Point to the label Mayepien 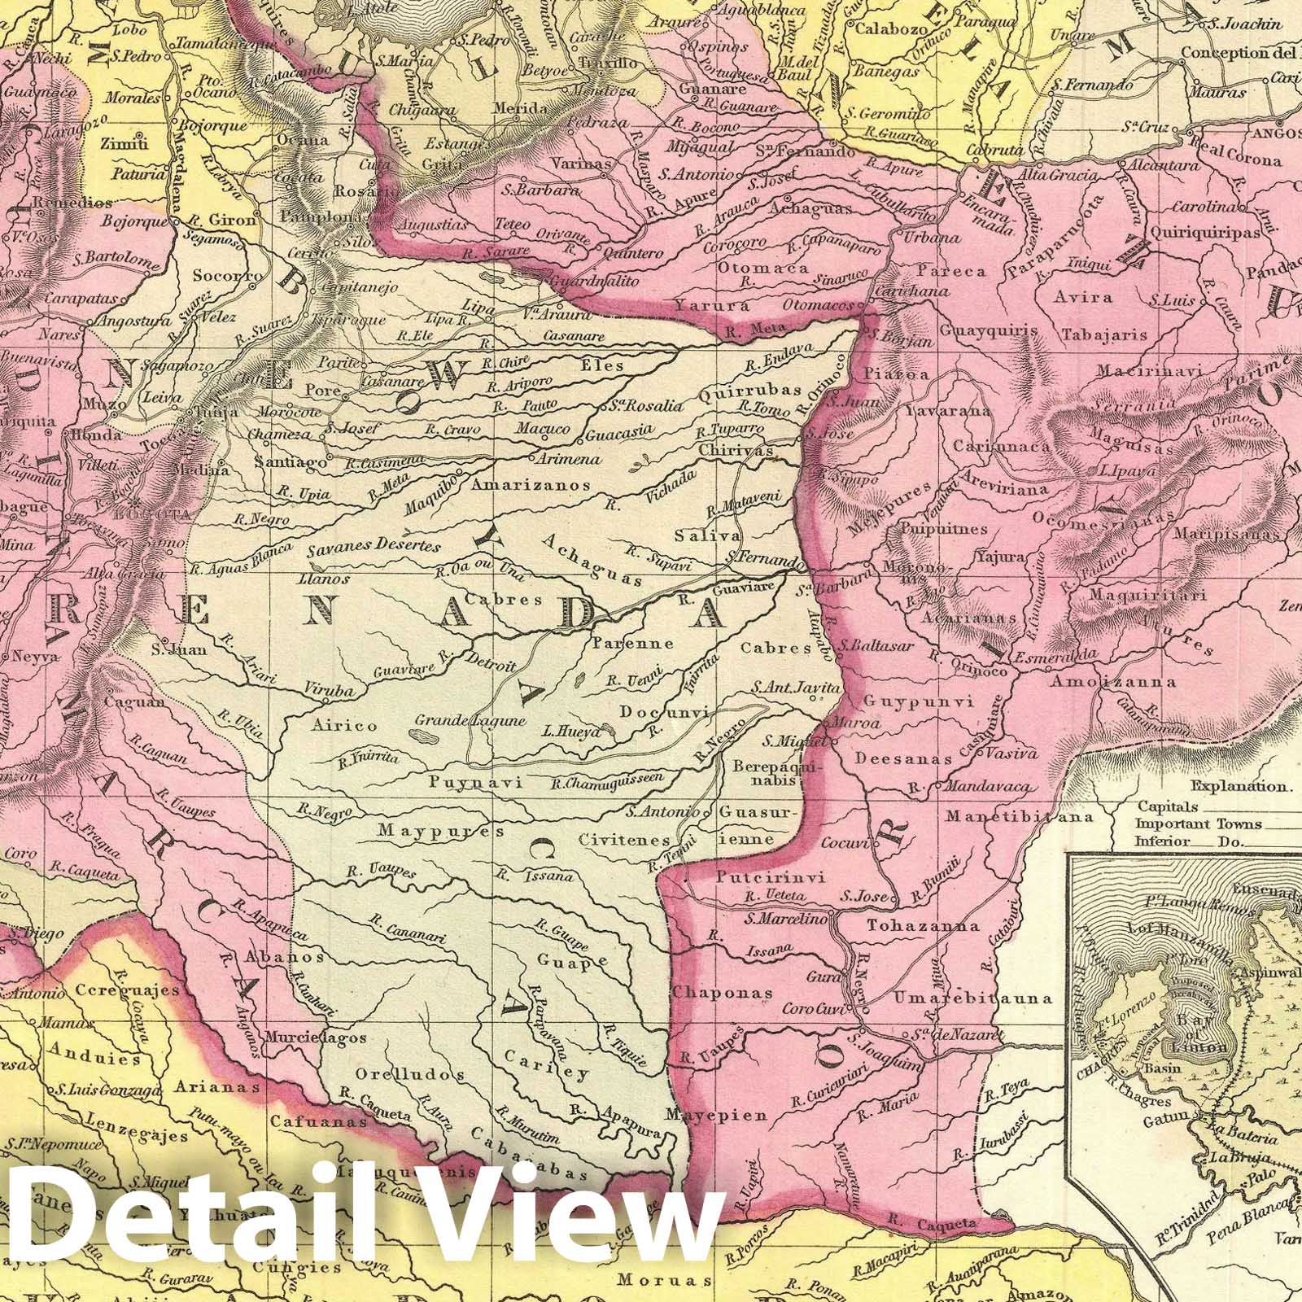(716, 1116)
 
